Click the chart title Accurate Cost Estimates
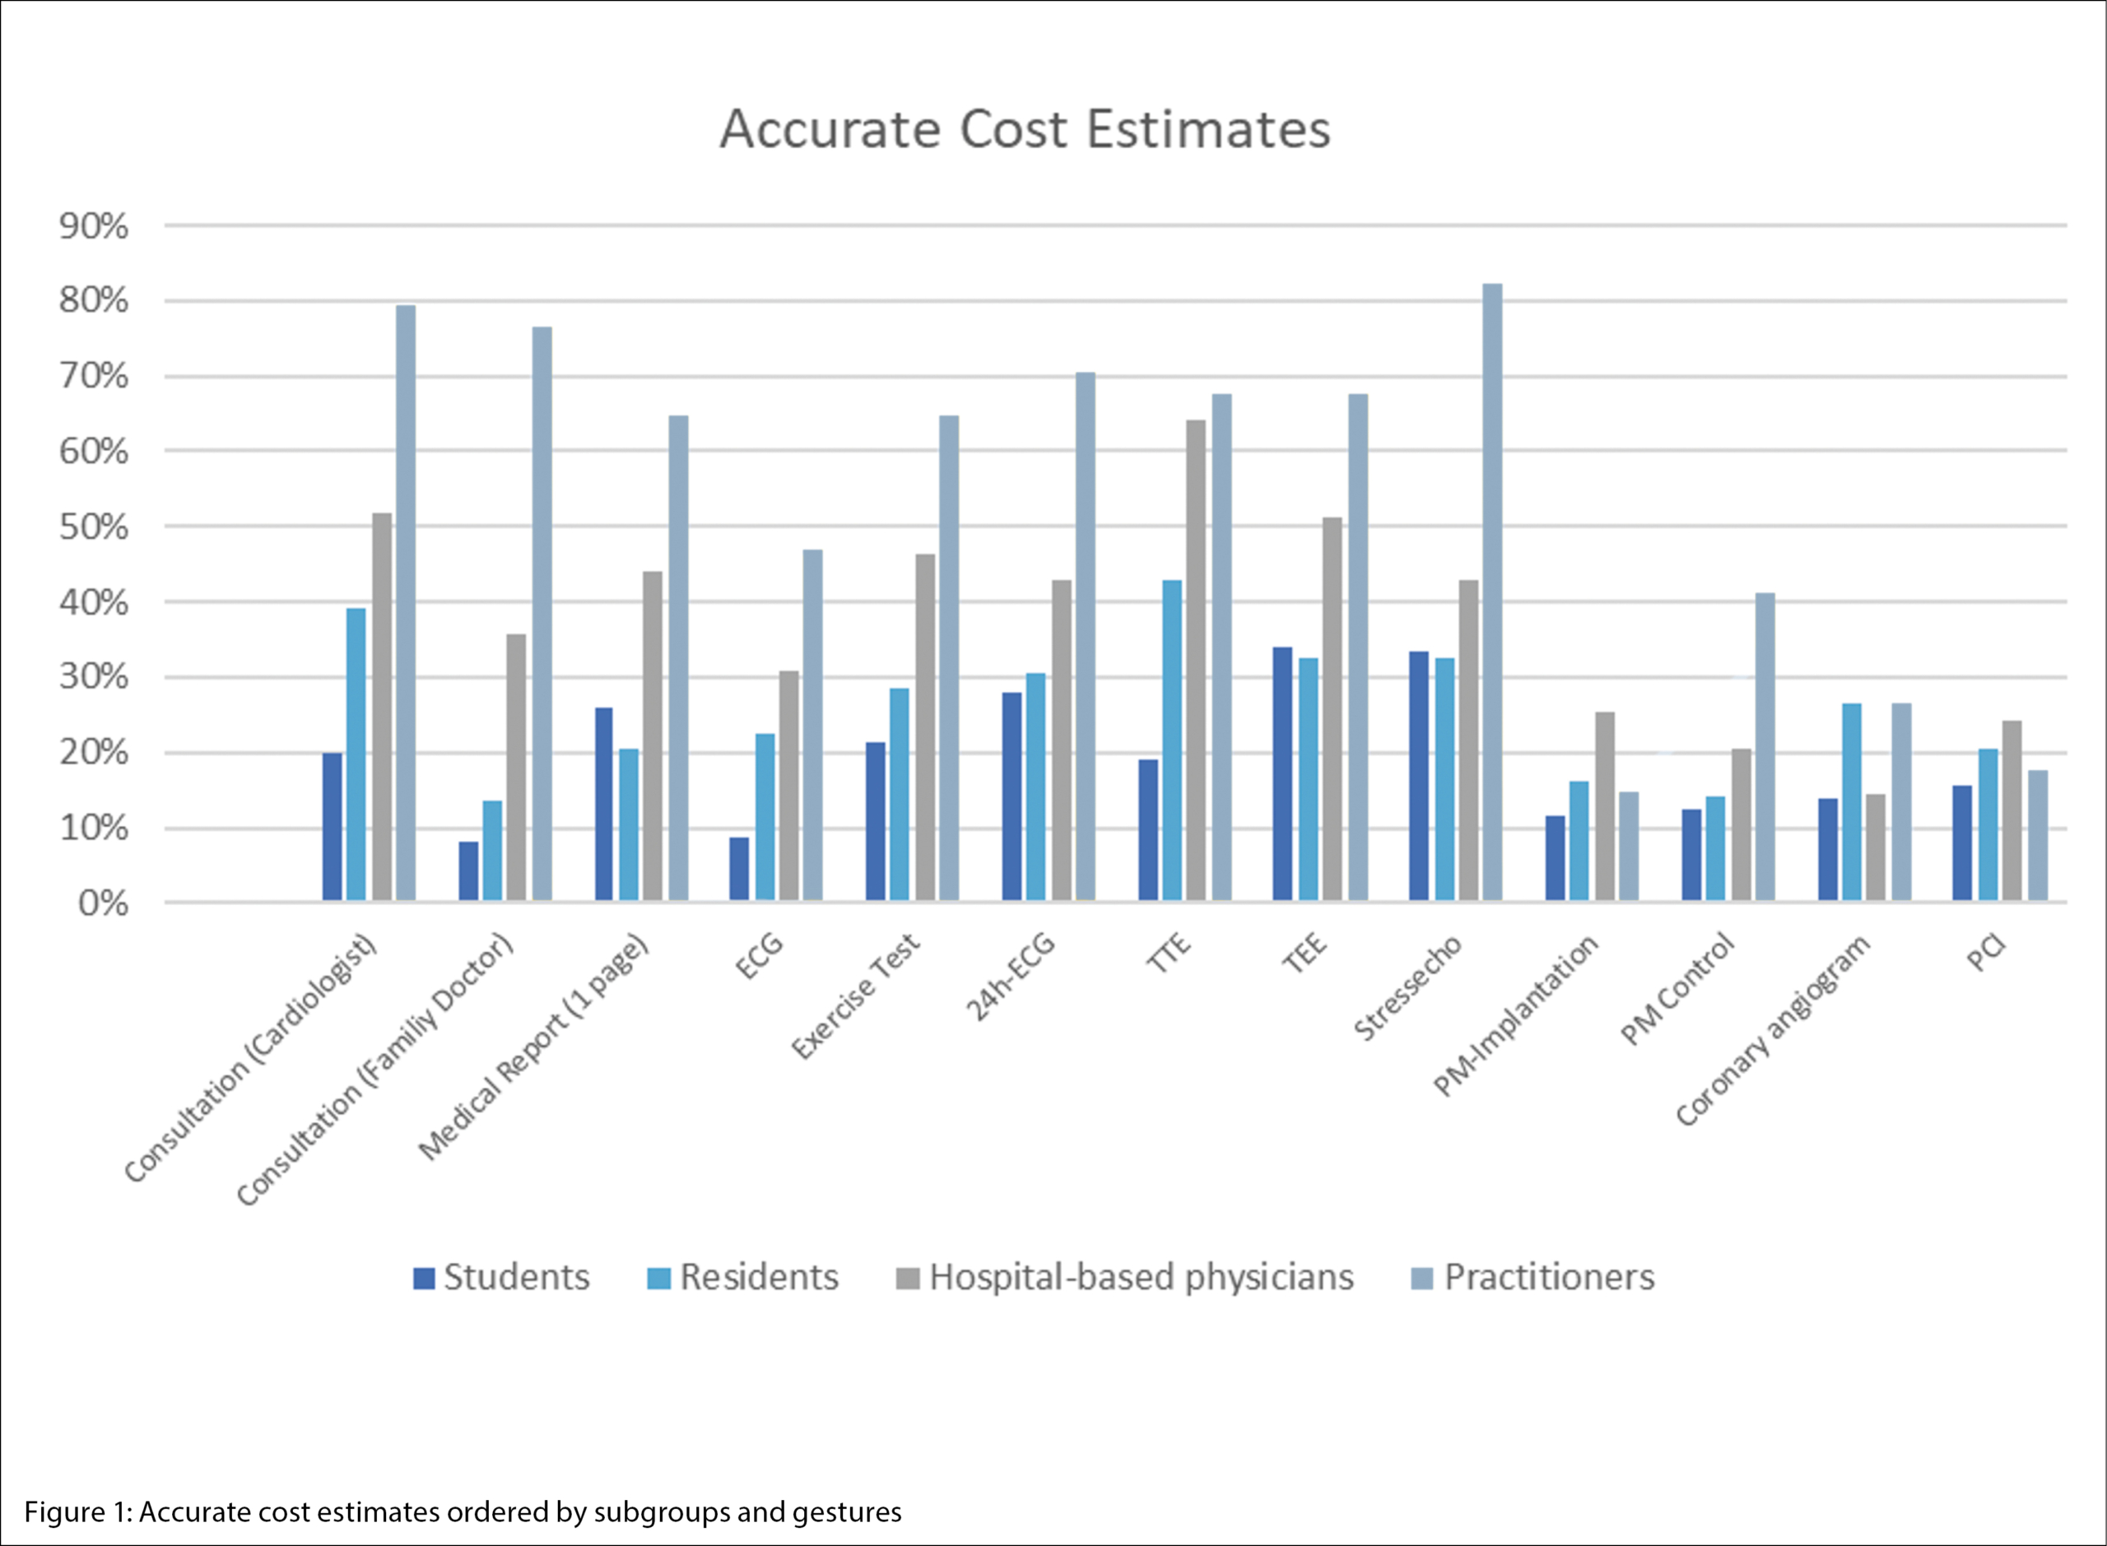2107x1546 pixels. click(1025, 129)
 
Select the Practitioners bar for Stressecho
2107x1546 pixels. click(1492, 592)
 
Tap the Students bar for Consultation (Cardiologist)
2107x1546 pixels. click(333, 827)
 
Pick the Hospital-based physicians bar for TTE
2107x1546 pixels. click(1196, 661)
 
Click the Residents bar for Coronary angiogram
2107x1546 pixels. click(1852, 802)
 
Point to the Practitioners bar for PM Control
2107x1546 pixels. click(1765, 747)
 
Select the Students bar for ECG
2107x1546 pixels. click(739, 870)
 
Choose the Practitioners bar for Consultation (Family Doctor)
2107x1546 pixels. click(542, 614)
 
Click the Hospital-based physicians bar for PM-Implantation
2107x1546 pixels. click(1605, 806)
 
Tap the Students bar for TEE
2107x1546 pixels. click(1282, 774)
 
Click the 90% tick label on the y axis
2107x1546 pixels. click(94, 226)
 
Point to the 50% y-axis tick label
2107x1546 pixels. click(94, 527)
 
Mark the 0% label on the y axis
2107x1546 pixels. click(103, 903)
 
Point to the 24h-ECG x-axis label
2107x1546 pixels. click(1011, 976)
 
